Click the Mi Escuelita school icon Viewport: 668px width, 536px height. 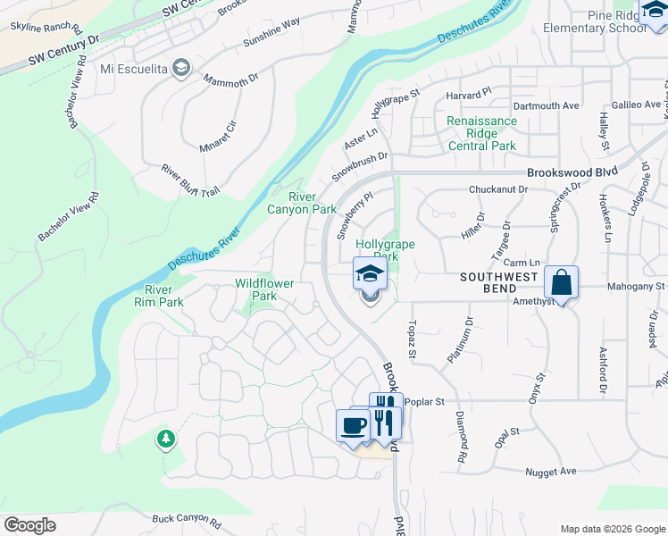click(x=181, y=69)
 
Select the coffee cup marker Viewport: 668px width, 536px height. click(x=353, y=424)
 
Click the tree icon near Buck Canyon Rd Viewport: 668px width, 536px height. click(x=164, y=438)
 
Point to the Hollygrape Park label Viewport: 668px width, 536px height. click(x=385, y=249)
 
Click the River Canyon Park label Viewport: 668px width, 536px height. click(x=302, y=203)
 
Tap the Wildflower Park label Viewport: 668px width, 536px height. click(x=264, y=289)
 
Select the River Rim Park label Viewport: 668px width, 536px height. click(x=164, y=296)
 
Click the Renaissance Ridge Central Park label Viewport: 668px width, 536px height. click(x=482, y=133)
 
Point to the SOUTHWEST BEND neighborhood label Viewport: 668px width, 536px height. click(x=500, y=283)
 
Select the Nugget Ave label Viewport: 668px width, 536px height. click(x=550, y=471)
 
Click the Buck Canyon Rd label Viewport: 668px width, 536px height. click(x=186, y=518)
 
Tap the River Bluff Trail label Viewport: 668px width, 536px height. click(x=190, y=180)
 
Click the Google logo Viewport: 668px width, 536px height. click(x=29, y=524)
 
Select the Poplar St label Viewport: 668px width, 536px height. click(x=424, y=402)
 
